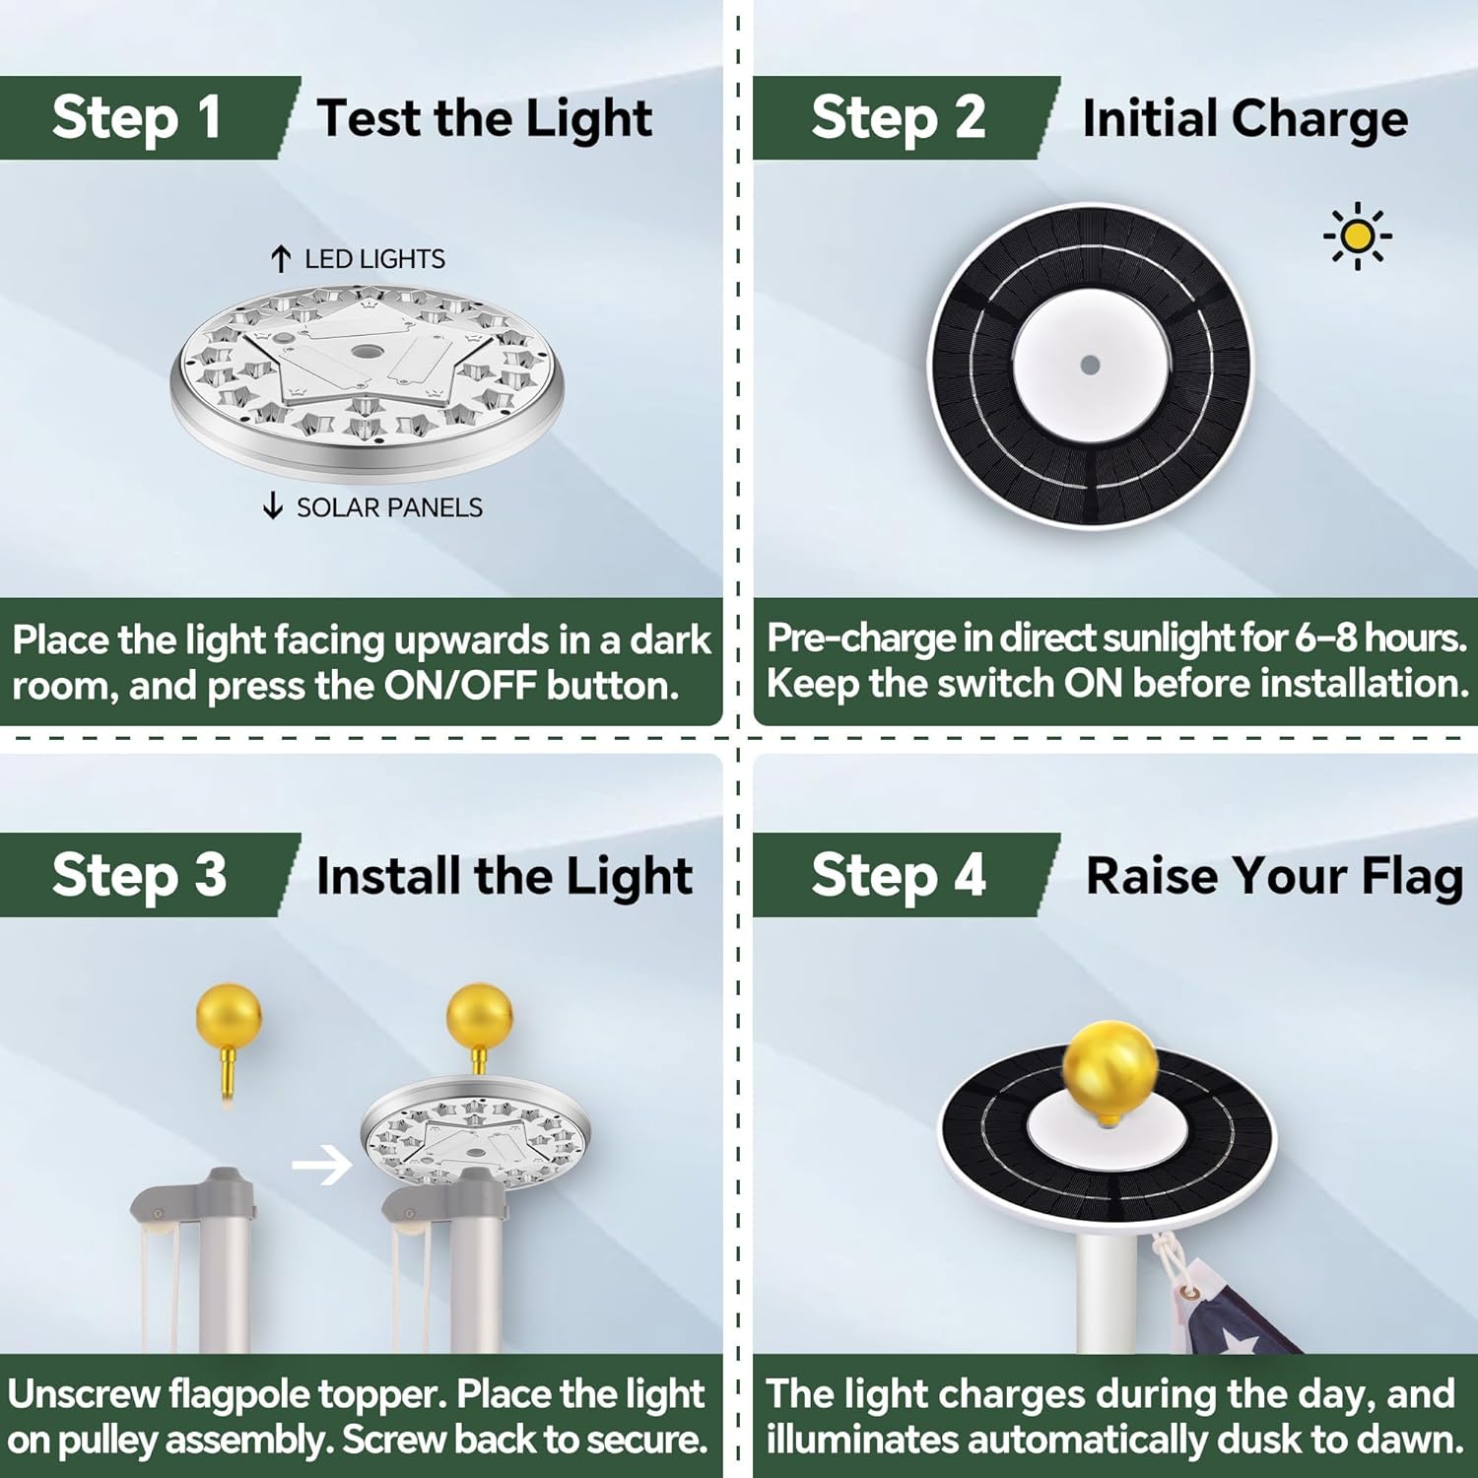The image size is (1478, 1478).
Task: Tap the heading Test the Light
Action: click(x=484, y=119)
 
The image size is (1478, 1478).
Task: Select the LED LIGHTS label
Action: click(x=374, y=259)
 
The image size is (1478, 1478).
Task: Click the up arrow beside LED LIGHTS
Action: click(x=281, y=259)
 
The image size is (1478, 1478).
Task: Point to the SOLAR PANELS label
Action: click(x=389, y=507)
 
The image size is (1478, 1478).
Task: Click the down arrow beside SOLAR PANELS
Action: click(x=273, y=506)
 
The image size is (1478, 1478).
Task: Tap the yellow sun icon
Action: click(x=1357, y=235)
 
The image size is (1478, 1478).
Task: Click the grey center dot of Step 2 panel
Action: click(x=1090, y=365)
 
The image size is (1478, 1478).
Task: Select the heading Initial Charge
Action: click(x=1244, y=119)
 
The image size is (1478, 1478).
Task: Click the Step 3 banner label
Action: click(x=139, y=875)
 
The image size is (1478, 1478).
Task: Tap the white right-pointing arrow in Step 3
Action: click(x=322, y=1166)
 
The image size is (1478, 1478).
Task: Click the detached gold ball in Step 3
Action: click(x=229, y=1016)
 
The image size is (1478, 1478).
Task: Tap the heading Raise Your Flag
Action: click(x=1273, y=876)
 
